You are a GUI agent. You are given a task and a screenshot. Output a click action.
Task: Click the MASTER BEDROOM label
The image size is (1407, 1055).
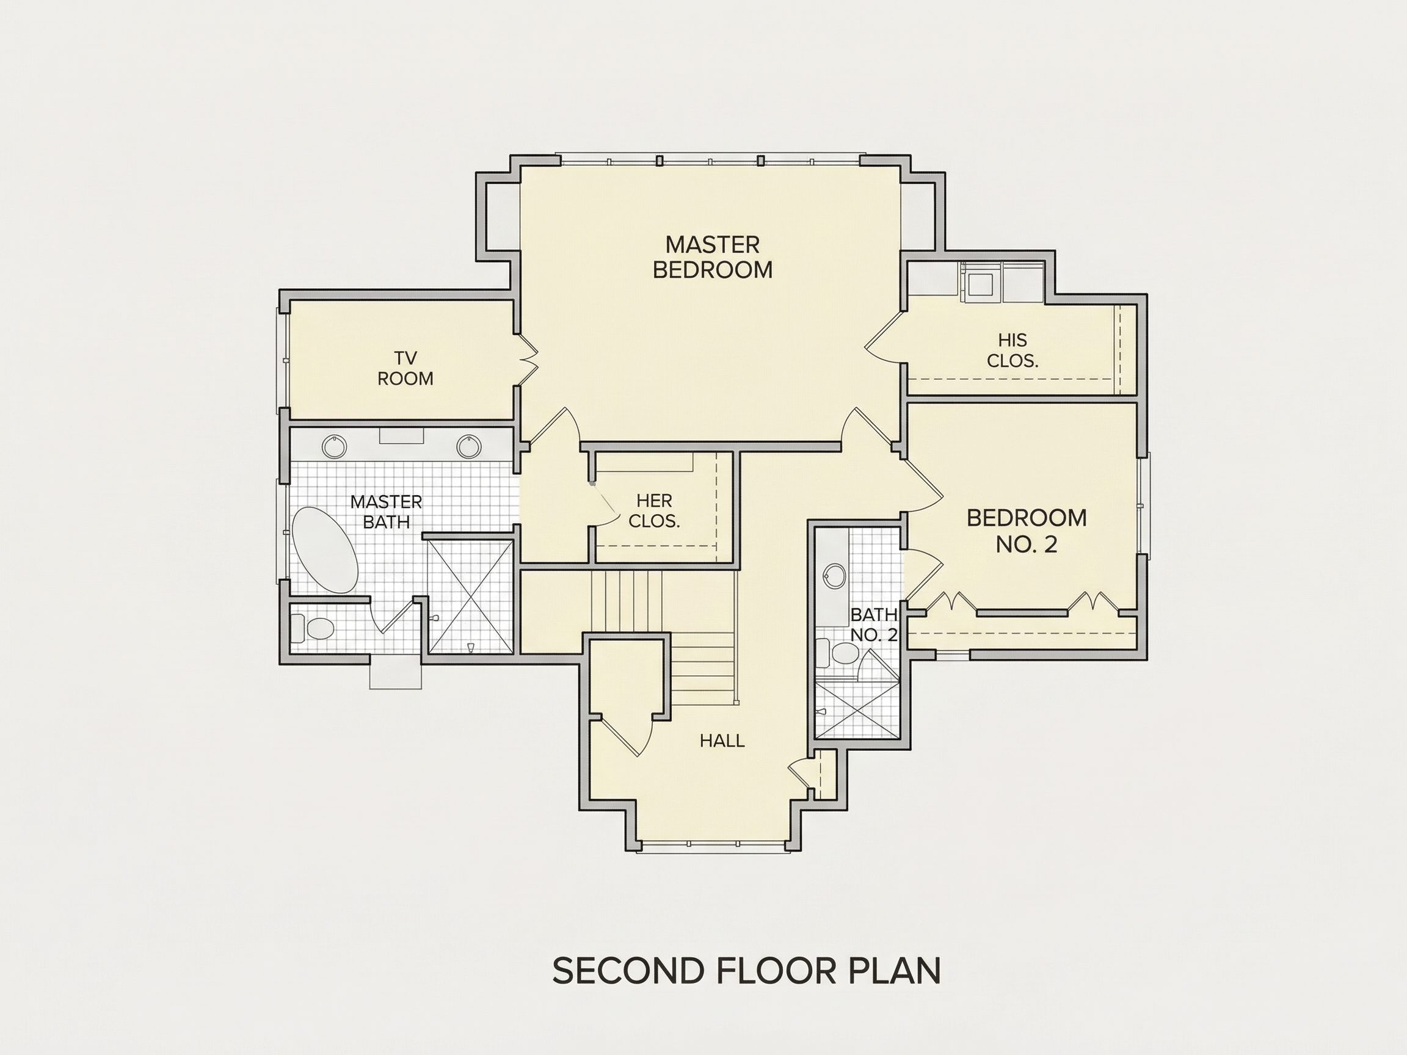click(x=713, y=257)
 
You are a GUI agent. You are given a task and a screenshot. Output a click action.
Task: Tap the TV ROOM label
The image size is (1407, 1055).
click(x=405, y=368)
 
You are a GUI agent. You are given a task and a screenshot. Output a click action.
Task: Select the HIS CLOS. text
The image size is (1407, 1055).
click(x=1012, y=350)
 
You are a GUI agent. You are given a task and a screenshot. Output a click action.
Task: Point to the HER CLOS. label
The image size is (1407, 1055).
click(x=654, y=511)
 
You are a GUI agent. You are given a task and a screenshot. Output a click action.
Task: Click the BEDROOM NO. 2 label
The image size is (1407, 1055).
click(x=1027, y=531)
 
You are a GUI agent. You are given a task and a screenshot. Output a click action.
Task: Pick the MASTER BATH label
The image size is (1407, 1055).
click(x=386, y=512)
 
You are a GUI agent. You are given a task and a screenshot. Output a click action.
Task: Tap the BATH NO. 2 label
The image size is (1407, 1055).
click(x=873, y=624)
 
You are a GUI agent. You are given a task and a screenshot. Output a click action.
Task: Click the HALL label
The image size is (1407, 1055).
click(x=722, y=741)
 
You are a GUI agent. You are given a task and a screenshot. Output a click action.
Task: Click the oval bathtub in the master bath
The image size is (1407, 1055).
click(x=324, y=550)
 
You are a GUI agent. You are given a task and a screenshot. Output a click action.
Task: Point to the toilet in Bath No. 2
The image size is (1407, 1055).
click(x=838, y=653)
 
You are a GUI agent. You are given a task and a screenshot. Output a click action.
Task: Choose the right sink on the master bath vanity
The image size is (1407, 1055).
click(x=468, y=446)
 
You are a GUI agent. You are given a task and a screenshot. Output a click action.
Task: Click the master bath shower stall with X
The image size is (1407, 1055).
click(x=470, y=596)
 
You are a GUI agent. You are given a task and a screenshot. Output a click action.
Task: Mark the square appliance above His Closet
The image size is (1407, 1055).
click(x=980, y=285)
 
